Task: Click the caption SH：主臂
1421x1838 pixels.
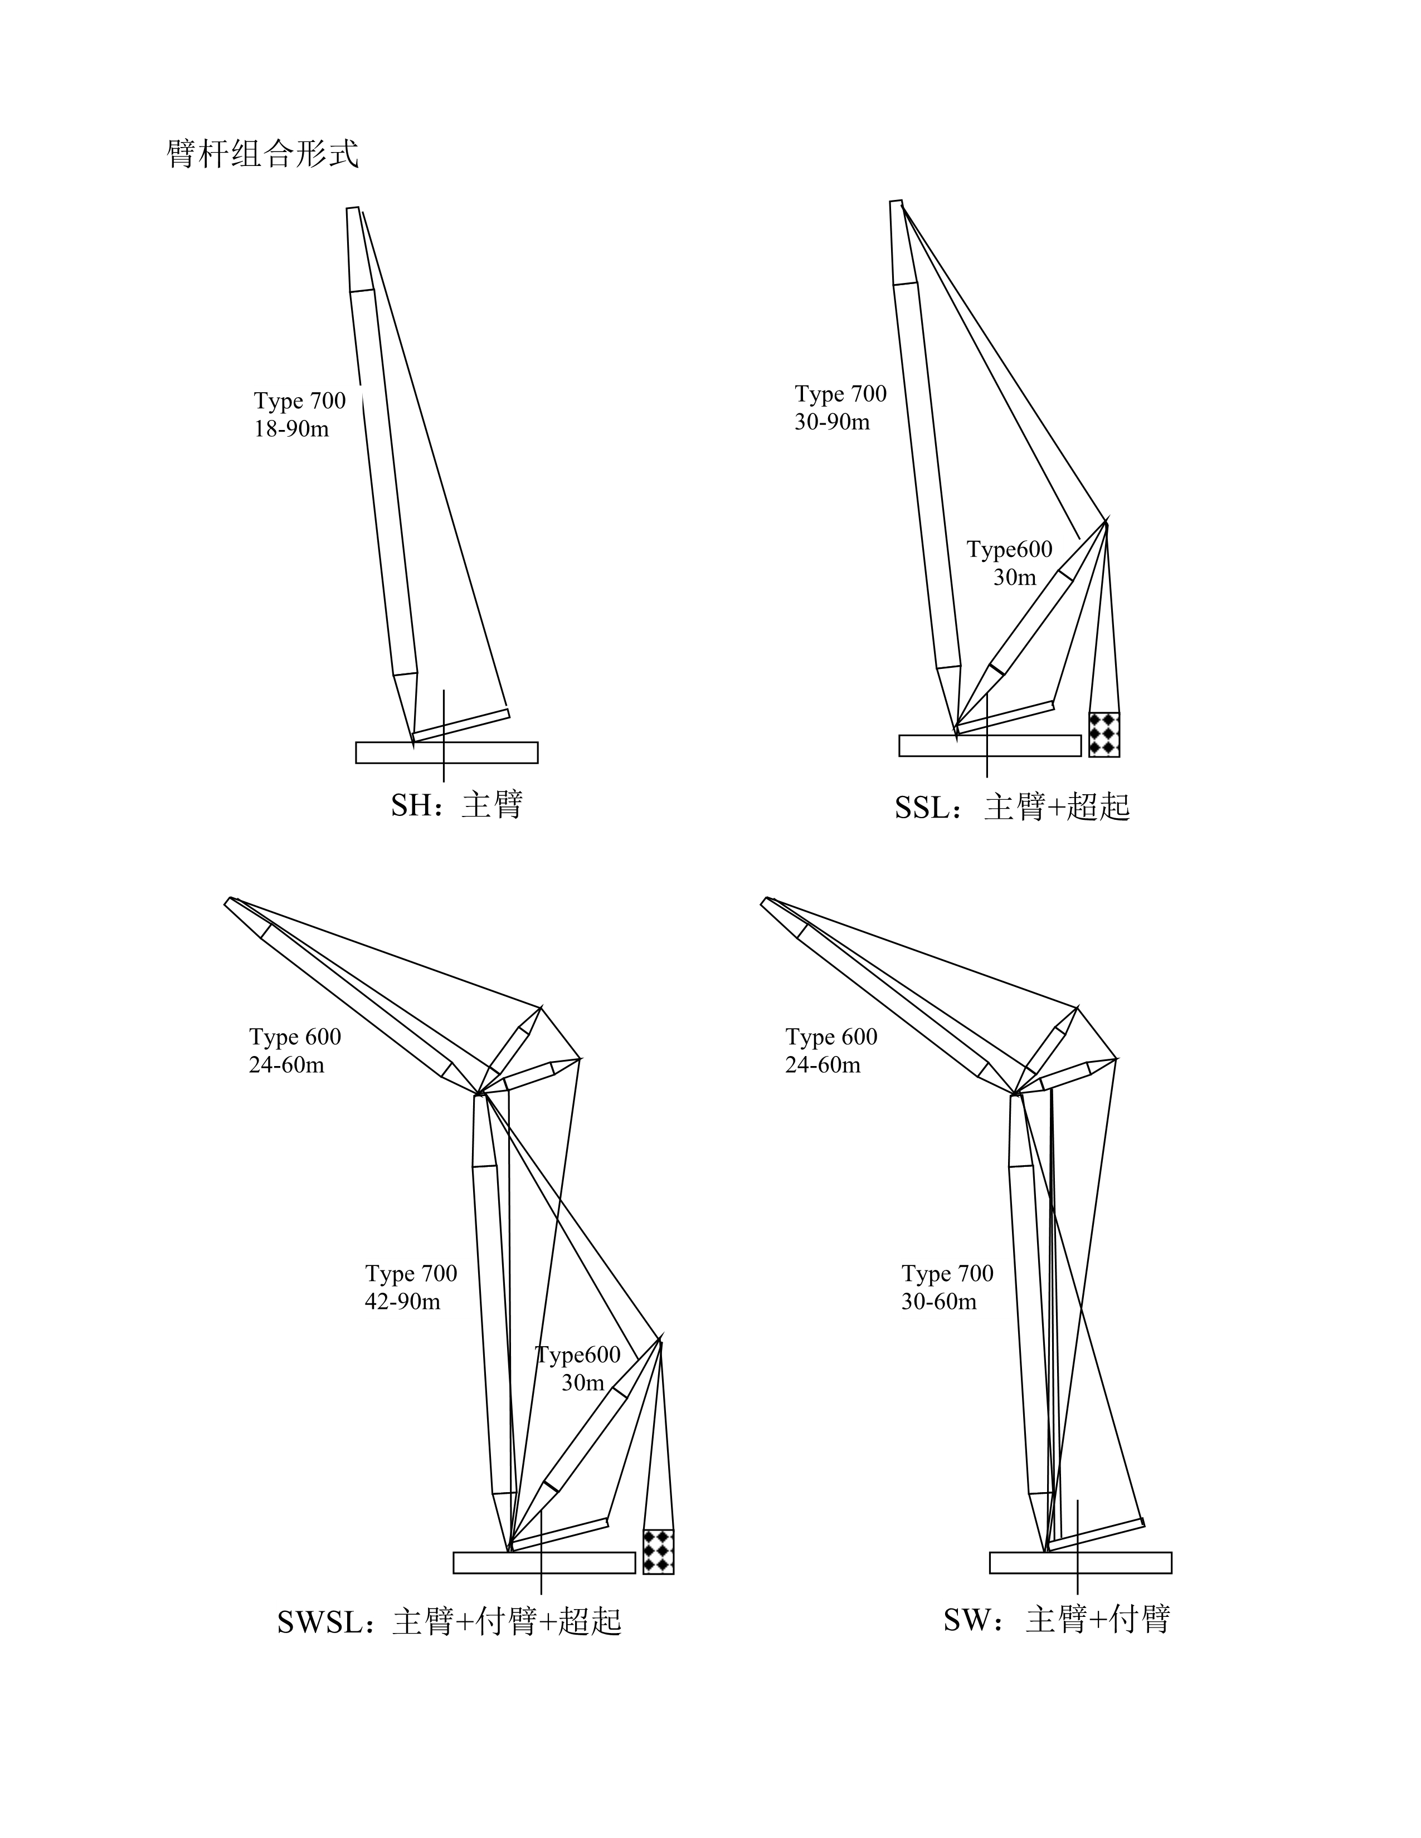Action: click(x=457, y=805)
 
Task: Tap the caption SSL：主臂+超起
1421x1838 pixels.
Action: click(x=1012, y=807)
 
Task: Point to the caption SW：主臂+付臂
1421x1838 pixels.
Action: click(x=1057, y=1619)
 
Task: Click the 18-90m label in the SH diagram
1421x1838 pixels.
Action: click(x=291, y=429)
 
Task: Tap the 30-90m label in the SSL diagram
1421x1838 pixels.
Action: click(x=832, y=422)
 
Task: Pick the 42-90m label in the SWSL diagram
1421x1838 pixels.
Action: click(x=402, y=1301)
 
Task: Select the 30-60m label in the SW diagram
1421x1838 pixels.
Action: click(x=938, y=1301)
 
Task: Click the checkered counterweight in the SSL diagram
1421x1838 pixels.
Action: click(x=1103, y=734)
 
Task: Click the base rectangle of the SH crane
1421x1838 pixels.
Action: click(x=447, y=752)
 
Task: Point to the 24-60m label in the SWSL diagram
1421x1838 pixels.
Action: click(x=286, y=1064)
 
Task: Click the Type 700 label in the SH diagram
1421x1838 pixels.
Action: click(x=300, y=400)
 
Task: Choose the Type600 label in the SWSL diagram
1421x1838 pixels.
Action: click(x=578, y=1355)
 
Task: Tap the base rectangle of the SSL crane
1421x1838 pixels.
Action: click(x=990, y=746)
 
